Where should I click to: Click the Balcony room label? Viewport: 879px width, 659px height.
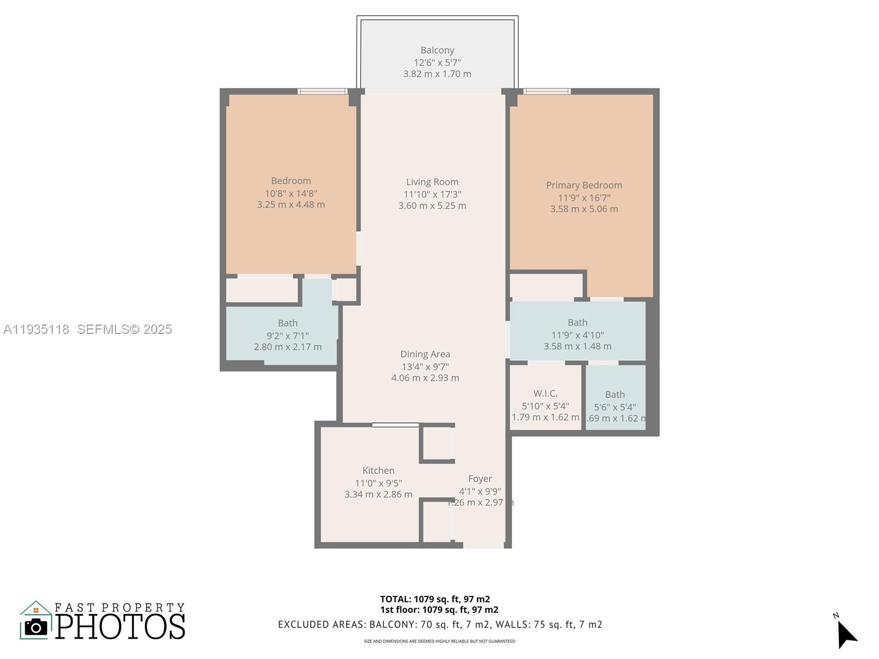(437, 50)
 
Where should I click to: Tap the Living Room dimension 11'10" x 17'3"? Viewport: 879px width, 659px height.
(432, 194)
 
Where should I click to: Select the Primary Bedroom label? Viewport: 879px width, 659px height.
(584, 185)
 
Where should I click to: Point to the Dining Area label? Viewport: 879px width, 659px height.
(425, 354)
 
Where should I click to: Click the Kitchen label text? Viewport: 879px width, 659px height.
(379, 470)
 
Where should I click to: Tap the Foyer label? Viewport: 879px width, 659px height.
(480, 479)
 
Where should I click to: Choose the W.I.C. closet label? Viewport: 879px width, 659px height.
(546, 393)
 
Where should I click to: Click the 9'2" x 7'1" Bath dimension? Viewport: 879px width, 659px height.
(287, 335)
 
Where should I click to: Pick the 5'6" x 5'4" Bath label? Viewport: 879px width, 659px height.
(615, 394)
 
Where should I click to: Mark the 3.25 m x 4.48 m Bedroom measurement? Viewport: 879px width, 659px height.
(291, 204)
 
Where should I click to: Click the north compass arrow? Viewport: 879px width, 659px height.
(846, 635)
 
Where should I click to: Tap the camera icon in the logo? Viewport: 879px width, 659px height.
(36, 627)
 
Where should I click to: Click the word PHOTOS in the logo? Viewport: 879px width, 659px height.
(120, 627)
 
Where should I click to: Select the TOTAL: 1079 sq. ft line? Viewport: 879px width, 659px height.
(435, 599)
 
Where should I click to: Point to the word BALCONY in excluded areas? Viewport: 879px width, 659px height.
(393, 624)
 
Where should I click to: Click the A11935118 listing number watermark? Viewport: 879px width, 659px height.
(36, 329)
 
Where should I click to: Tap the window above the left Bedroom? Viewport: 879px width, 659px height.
(323, 91)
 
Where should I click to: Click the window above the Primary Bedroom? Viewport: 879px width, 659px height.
(547, 91)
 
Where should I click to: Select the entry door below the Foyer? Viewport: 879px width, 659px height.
(483, 545)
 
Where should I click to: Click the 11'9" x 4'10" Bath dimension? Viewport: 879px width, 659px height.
(577, 335)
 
